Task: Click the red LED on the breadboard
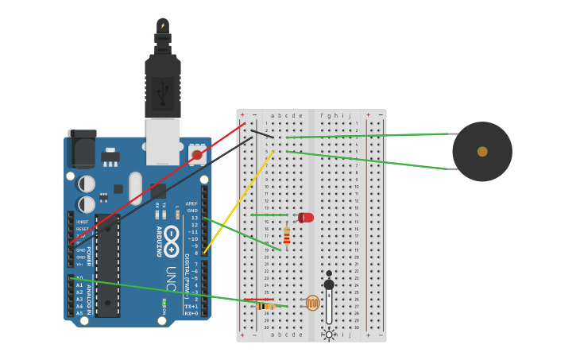pyautogui.click(x=306, y=217)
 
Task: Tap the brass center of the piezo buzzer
pyautogui.click(x=482, y=151)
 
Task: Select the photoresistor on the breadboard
pyautogui.click(x=312, y=303)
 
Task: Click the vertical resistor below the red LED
pyautogui.click(x=287, y=235)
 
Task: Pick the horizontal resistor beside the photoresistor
pyautogui.click(x=265, y=306)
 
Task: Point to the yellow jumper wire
pyautogui.click(x=238, y=203)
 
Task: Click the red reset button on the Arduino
pyautogui.click(x=196, y=154)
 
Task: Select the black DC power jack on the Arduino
pyautogui.click(x=82, y=149)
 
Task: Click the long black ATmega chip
pyautogui.click(x=107, y=265)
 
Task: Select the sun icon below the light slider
pyautogui.click(x=329, y=335)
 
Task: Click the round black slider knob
pyautogui.click(x=329, y=285)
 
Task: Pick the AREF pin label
pyautogui.click(x=191, y=203)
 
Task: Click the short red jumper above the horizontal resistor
pyautogui.click(x=258, y=300)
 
